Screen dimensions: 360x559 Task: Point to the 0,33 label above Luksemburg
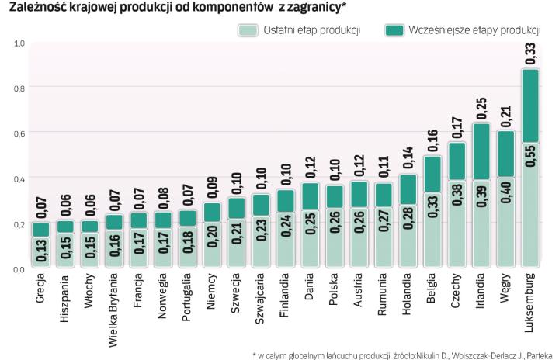529,54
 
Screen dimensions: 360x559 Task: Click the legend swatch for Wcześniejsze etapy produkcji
396,30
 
